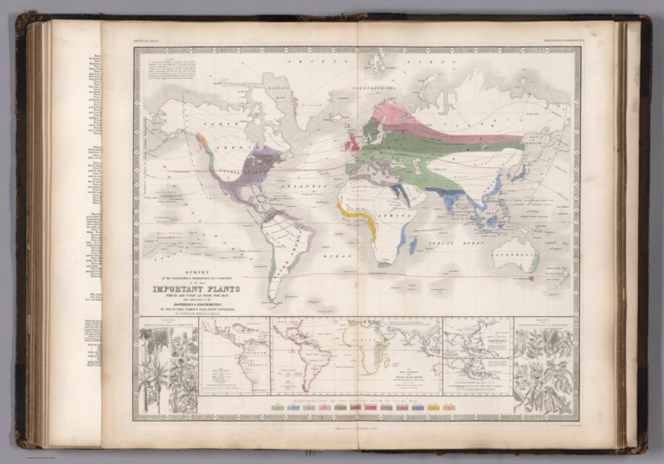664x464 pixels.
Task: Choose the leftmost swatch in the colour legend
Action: point(277,406)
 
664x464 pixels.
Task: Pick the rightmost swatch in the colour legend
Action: point(449,406)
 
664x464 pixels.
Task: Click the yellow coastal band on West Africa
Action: point(355,212)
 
